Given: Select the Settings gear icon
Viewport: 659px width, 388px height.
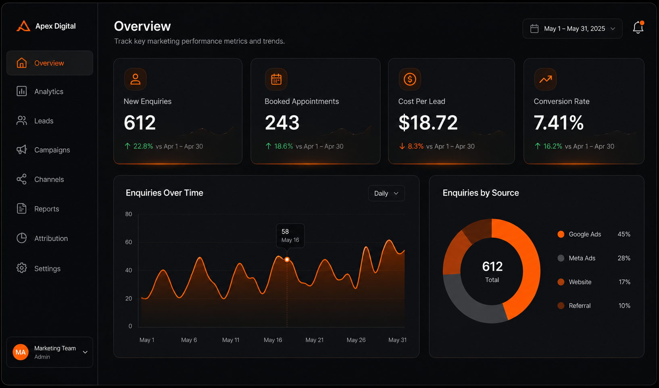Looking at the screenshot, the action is coord(21,268).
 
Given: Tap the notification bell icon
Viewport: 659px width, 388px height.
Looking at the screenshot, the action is coord(638,27).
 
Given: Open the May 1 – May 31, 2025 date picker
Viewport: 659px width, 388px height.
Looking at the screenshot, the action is coord(572,29).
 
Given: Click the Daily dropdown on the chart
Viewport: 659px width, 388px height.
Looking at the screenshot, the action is coord(386,193).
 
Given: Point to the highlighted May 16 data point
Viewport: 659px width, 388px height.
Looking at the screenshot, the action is coord(287,259).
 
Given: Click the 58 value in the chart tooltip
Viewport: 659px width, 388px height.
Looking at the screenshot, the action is coord(285,232).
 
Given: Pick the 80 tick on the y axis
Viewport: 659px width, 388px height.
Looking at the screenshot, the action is coord(129,214).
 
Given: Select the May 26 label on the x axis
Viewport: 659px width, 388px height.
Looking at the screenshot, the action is coord(356,340).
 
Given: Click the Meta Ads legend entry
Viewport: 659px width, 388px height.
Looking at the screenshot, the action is coord(582,258).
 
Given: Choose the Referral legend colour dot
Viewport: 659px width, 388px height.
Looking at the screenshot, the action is coord(561,306).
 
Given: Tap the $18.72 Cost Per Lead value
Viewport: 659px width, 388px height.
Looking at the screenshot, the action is coord(428,122).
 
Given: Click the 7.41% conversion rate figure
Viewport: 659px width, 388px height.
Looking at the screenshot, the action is coord(559,122).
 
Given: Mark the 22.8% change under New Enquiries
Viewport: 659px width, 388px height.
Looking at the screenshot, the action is coord(143,146).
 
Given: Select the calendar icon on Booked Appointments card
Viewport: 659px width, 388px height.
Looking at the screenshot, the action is coord(276,79).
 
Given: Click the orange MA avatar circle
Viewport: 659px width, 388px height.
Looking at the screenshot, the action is coord(21,352).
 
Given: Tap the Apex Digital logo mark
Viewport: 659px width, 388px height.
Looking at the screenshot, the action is coord(23,26).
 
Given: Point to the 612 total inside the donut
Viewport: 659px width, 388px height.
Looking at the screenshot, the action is coord(492,266).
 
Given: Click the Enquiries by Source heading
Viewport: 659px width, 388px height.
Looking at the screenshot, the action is coord(481,193).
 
